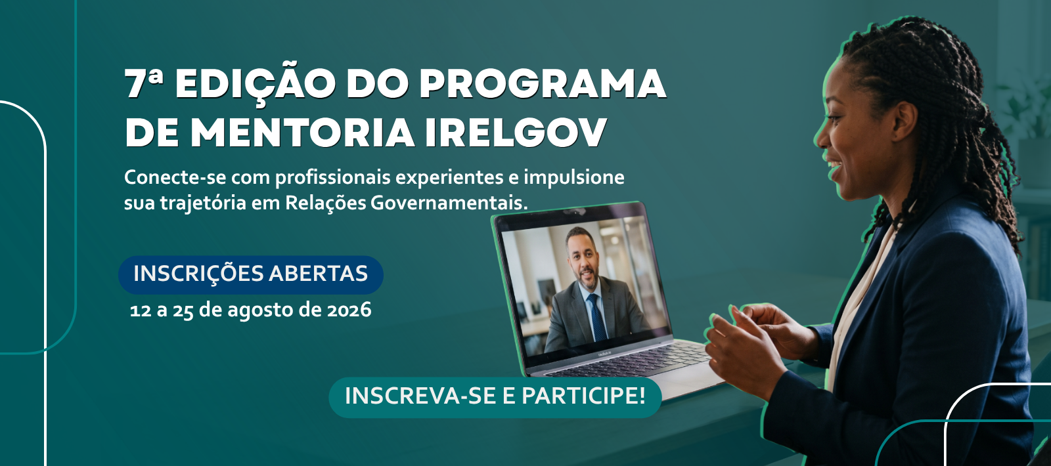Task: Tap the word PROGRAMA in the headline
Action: coord(543,83)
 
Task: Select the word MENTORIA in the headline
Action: coord(302,133)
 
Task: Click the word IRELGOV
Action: coord(516,133)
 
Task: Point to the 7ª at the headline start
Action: coord(144,83)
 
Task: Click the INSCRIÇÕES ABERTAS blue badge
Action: coord(250,274)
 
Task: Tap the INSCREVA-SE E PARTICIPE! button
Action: coord(495,396)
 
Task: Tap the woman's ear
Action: coord(903,122)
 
